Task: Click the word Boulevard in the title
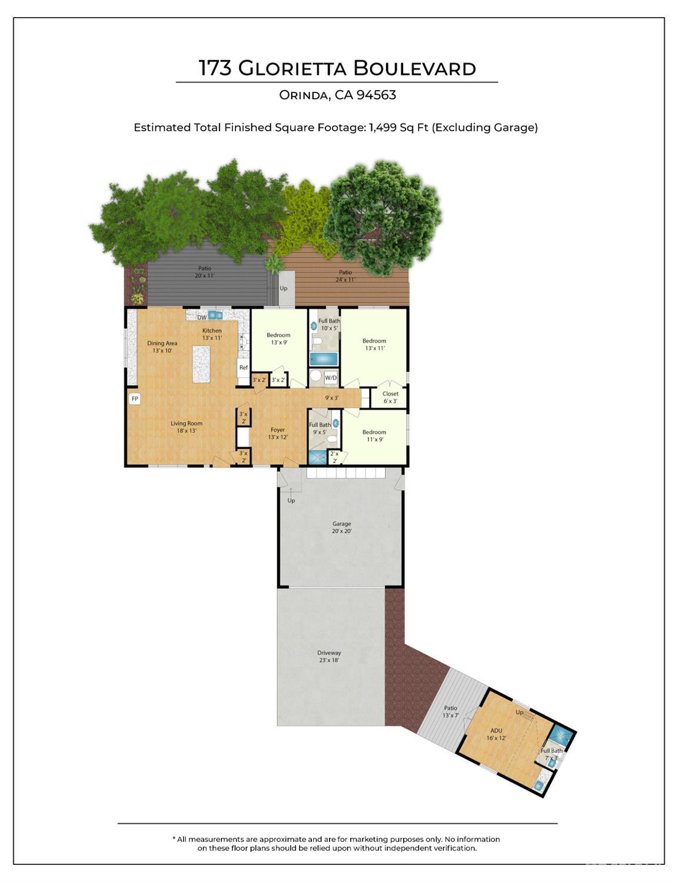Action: pos(414,69)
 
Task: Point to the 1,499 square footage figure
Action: pos(383,128)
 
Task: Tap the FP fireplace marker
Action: pos(135,399)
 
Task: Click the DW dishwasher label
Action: pos(202,318)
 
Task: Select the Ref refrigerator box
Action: pos(243,368)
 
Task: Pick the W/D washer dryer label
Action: pos(331,378)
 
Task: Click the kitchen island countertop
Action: pos(201,364)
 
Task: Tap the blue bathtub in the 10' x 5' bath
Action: pos(324,359)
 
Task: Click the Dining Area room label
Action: pos(162,347)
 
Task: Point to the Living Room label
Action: pos(187,427)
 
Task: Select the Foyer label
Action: pos(278,433)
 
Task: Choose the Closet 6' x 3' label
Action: pos(390,397)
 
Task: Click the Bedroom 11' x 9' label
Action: pos(374,435)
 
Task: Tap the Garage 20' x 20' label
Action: pos(341,527)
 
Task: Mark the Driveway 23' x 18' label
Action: pos(329,656)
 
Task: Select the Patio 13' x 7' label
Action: pos(450,711)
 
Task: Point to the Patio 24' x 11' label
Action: pos(345,275)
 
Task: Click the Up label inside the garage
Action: pos(291,501)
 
